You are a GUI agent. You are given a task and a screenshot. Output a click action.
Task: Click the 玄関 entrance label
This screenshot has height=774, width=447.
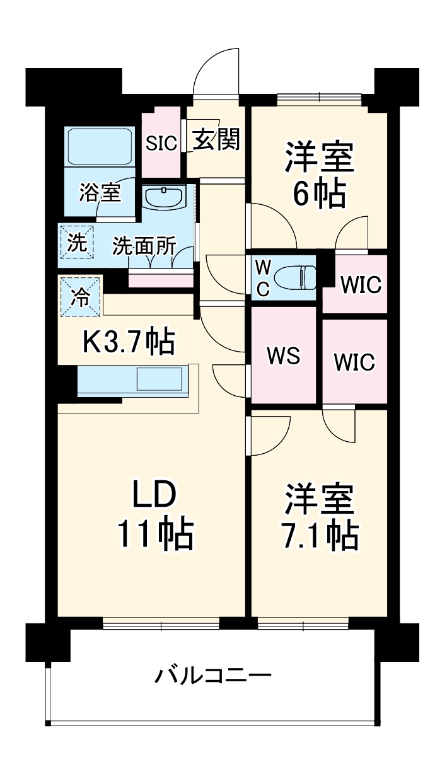(216, 140)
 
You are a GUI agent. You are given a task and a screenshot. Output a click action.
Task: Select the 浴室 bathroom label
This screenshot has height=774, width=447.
(100, 193)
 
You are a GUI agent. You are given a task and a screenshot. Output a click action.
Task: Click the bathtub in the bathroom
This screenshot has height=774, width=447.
(100, 147)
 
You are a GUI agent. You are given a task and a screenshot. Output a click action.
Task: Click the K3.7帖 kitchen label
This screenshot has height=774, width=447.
(129, 342)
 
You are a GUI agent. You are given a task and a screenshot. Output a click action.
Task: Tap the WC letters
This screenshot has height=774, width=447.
(262, 278)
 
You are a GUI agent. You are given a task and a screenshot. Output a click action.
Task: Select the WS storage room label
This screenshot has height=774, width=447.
(283, 356)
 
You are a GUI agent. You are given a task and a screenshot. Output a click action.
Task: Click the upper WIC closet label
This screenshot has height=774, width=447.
(361, 285)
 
